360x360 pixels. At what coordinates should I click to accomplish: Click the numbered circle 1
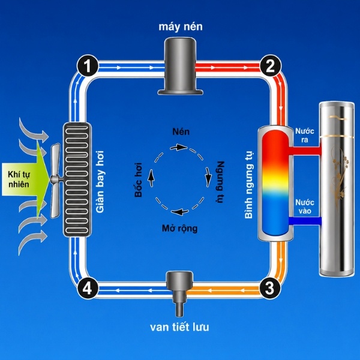(x=88, y=66)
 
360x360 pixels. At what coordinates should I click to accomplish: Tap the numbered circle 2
(x=270, y=65)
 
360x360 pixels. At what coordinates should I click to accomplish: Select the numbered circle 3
(x=270, y=287)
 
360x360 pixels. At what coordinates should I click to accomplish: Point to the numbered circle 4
(x=88, y=288)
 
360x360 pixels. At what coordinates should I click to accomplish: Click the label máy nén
(x=181, y=26)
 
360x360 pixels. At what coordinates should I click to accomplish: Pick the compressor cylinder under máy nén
(x=181, y=66)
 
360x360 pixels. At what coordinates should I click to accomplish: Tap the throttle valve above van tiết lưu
(x=180, y=293)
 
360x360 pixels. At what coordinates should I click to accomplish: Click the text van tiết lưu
(x=179, y=327)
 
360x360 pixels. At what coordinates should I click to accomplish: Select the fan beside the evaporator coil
(x=56, y=181)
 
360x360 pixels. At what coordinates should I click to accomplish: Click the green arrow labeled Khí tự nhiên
(x=25, y=179)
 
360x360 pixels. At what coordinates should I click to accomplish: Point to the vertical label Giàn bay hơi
(x=100, y=182)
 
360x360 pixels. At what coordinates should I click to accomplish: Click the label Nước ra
(x=305, y=136)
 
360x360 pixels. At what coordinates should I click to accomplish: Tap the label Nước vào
(x=305, y=206)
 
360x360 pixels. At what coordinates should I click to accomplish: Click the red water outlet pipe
(x=305, y=151)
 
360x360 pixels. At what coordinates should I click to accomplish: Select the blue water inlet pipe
(x=305, y=221)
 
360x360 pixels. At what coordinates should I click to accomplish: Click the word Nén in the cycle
(x=181, y=132)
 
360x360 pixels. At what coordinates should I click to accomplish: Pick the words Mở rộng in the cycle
(x=179, y=229)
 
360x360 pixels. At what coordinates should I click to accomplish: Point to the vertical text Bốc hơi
(x=139, y=180)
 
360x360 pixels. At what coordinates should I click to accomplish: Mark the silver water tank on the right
(x=337, y=190)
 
